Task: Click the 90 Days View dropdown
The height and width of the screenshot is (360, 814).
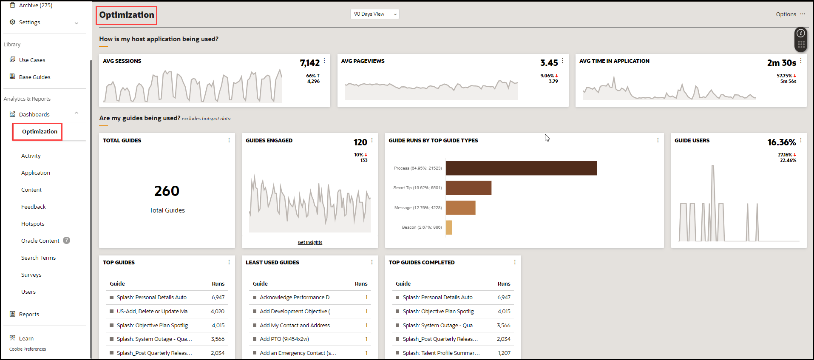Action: [374, 14]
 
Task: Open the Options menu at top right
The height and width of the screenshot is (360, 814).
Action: [790, 14]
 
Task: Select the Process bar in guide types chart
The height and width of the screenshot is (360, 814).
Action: [521, 168]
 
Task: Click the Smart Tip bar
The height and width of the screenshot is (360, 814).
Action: [468, 188]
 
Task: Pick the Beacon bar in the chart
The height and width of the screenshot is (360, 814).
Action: [449, 227]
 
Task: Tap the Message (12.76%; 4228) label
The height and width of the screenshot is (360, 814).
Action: [418, 208]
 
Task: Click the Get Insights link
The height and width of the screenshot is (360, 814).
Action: [310, 242]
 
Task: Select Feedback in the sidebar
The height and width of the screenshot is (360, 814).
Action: [34, 207]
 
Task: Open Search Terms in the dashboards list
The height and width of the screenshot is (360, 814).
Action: [39, 258]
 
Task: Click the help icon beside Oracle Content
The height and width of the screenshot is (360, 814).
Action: [67, 241]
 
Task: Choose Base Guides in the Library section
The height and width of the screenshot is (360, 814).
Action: [34, 77]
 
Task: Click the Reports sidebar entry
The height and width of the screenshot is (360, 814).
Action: [29, 315]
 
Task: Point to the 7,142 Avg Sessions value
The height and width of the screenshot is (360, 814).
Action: [309, 63]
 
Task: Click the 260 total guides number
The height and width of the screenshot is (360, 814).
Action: [167, 191]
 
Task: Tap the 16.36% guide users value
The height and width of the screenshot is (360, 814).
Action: [781, 142]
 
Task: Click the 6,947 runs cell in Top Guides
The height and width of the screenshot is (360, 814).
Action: [218, 298]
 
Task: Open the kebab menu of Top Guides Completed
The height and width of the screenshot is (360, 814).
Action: [515, 262]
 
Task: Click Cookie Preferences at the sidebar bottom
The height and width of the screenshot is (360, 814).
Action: [28, 349]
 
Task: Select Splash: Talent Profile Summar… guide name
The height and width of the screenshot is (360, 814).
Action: [441, 353]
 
